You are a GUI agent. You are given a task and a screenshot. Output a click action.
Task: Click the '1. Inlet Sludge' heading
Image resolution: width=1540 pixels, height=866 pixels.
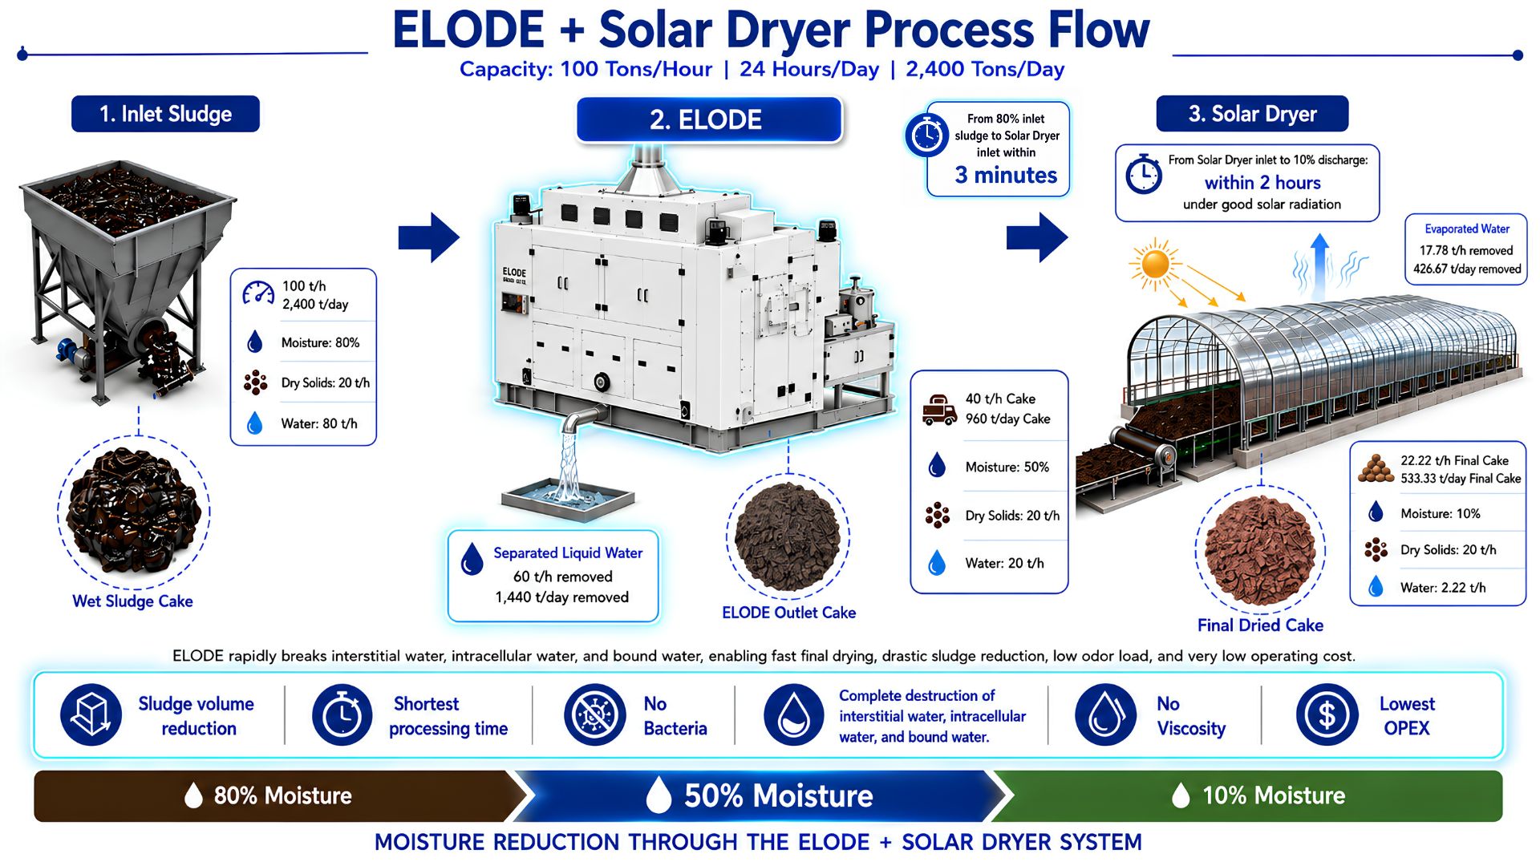click(165, 114)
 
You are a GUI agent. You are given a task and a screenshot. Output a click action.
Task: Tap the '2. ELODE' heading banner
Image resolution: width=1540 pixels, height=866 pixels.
click(709, 119)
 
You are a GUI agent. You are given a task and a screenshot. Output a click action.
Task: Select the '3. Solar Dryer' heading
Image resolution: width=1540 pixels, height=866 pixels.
click(1252, 114)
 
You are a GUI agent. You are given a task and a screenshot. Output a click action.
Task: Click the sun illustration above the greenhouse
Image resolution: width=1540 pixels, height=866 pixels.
click(1155, 263)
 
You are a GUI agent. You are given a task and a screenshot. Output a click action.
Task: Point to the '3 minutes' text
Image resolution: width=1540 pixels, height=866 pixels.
click(1006, 175)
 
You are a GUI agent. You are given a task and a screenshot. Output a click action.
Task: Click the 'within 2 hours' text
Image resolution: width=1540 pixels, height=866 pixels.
click(1262, 183)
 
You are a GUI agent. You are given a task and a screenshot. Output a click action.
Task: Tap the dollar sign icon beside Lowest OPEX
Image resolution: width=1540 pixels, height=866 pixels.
click(1327, 714)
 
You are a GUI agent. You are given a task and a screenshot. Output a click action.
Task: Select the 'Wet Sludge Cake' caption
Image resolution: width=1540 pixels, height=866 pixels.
click(132, 601)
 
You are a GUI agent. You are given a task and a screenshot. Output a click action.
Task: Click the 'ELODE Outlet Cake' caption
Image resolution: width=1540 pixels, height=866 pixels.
click(788, 613)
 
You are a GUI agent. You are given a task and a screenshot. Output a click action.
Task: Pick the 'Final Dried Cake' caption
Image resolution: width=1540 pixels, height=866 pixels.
click(1260, 625)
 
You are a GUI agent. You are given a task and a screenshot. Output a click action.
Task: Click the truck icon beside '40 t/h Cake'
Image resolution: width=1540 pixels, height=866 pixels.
click(939, 409)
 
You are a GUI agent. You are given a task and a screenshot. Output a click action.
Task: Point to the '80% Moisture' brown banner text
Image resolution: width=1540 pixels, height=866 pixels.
click(282, 795)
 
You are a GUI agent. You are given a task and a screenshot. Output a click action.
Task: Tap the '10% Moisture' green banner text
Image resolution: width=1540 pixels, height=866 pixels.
click(1274, 795)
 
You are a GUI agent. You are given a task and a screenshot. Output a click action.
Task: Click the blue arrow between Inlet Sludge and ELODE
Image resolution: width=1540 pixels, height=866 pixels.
click(429, 237)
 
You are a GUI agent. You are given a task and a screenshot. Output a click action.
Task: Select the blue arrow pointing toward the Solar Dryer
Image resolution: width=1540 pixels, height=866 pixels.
click(1037, 237)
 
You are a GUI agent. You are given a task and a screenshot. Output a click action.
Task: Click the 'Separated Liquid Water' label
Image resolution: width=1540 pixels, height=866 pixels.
click(568, 553)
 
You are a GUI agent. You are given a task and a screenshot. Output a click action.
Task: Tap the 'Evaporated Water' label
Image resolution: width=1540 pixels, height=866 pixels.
click(1467, 229)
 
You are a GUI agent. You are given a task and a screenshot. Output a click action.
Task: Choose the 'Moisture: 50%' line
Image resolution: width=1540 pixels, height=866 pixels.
click(1007, 467)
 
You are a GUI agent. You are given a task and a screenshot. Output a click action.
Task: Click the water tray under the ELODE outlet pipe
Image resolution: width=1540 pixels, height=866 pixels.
click(568, 496)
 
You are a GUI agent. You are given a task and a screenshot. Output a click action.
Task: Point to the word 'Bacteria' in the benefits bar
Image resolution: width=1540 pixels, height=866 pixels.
click(675, 729)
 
